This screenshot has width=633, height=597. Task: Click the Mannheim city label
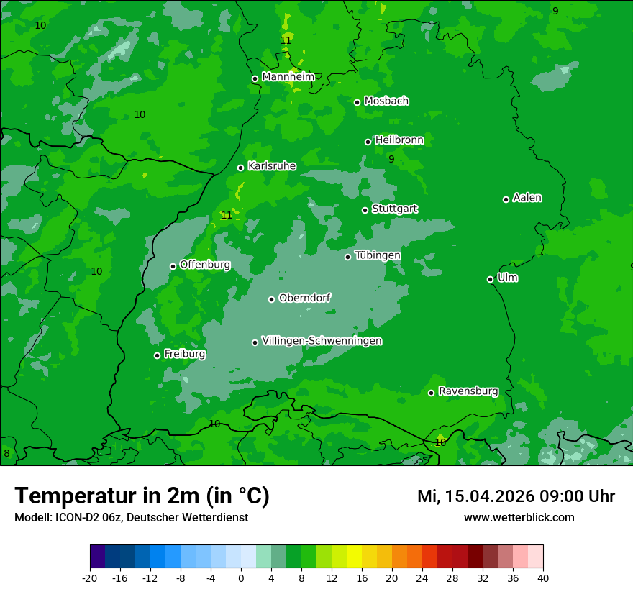click(x=288, y=77)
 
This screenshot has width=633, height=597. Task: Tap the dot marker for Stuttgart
click(x=365, y=210)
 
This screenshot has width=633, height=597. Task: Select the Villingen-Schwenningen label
click(x=322, y=341)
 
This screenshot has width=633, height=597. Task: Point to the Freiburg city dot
click(x=157, y=355)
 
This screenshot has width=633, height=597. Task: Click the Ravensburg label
click(x=468, y=391)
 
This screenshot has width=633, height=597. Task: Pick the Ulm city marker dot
click(x=490, y=279)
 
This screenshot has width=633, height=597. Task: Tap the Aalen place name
click(x=527, y=198)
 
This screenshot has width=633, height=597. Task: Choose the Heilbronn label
click(x=399, y=140)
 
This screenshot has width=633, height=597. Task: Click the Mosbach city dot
click(x=357, y=102)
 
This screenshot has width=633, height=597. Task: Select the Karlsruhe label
click(x=272, y=166)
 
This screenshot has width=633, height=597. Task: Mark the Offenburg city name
click(x=205, y=265)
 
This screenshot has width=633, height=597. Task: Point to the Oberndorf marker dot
click(x=271, y=299)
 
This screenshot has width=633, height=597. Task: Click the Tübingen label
click(x=378, y=255)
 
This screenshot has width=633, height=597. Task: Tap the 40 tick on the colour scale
click(x=542, y=578)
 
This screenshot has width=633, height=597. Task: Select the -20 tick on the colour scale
click(x=90, y=578)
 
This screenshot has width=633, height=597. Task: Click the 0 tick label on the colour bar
click(x=241, y=578)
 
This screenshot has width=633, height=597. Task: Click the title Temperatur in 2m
click(x=142, y=496)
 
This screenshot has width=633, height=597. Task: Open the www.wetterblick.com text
click(x=519, y=517)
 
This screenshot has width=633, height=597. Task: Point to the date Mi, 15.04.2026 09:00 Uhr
click(x=516, y=496)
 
